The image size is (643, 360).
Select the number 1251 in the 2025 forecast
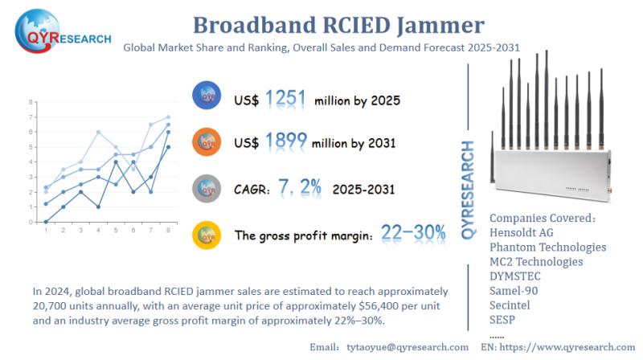click(x=285, y=99)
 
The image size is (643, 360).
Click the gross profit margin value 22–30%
click(x=414, y=233)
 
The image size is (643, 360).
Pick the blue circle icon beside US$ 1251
click(x=207, y=96)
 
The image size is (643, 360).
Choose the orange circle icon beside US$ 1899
click(x=207, y=141)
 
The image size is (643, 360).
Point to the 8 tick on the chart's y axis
click(x=31, y=103)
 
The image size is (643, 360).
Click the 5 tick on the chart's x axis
click(x=117, y=231)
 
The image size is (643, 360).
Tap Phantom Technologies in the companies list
click(x=547, y=247)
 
